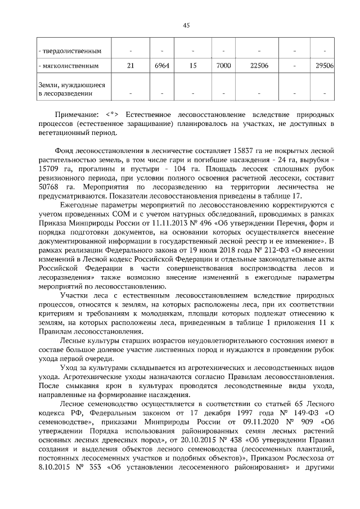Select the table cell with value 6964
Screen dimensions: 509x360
point(161,66)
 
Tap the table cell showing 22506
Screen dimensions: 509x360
point(259,66)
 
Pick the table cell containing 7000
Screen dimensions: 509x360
point(223,66)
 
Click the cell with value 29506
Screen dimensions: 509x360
point(325,66)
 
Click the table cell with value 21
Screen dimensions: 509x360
point(130,66)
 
